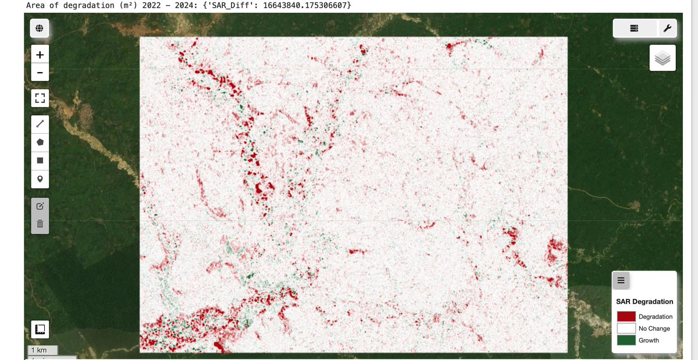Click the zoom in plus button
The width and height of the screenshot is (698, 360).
[40, 55]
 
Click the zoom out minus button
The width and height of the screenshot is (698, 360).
[40, 73]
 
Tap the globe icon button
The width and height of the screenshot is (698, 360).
[40, 28]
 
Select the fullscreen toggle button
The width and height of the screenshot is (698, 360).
[40, 98]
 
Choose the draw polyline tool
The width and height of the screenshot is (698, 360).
[40, 124]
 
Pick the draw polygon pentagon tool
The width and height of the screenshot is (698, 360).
[40, 142]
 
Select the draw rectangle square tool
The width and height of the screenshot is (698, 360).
[40, 160]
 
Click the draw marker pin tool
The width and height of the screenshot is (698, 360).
[40, 179]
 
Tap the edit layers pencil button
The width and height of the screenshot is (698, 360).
[40, 206]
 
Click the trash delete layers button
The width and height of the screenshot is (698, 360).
[40, 224]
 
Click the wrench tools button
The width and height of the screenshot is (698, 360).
[666, 28]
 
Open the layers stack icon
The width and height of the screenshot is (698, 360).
[663, 58]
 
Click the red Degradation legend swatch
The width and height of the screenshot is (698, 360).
[626, 316]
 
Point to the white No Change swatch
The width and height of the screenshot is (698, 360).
[626, 329]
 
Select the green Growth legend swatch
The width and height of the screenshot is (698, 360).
[626, 340]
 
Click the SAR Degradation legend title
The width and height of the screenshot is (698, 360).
[644, 301]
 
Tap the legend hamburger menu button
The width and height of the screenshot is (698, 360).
[621, 280]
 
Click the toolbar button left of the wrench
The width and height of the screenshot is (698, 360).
[634, 28]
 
